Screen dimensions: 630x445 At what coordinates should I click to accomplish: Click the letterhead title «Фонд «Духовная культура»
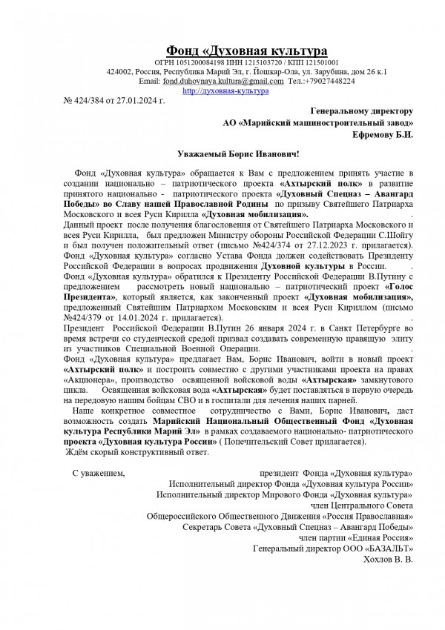[x=246, y=50]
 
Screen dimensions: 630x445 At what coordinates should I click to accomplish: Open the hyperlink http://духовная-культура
[x=225, y=90]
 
